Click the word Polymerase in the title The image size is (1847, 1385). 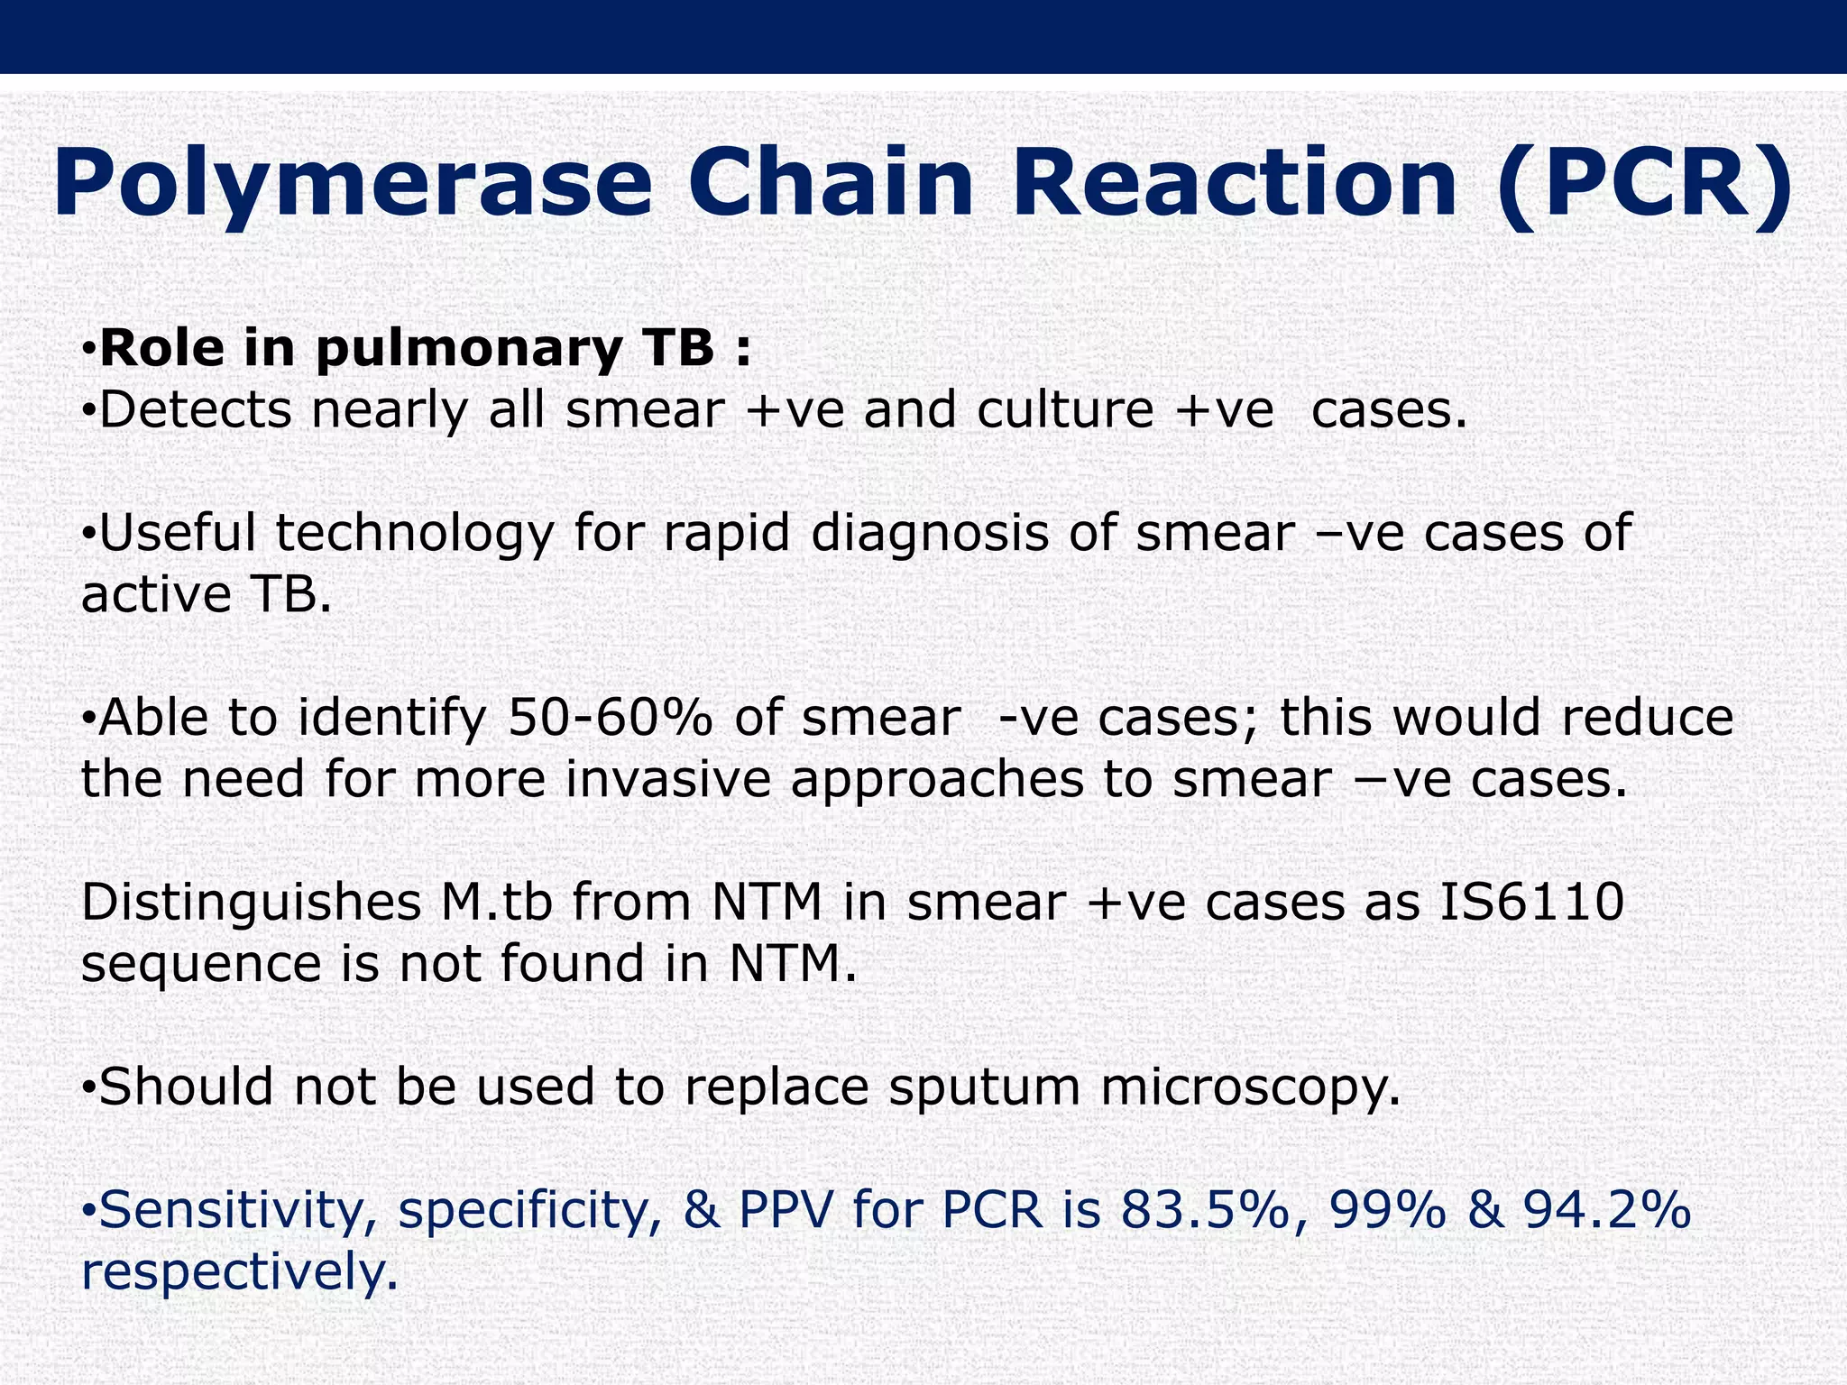pos(352,185)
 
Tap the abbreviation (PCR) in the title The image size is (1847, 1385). pos(1643,185)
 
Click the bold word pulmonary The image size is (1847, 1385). pos(468,348)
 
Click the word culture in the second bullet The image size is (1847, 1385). pos(1065,409)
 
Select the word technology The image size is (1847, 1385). pos(414,534)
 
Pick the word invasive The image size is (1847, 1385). pos(668,779)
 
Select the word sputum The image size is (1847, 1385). pos(984,1087)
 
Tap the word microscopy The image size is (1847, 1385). pos(1250,1087)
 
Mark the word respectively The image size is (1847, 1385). pos(239,1271)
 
